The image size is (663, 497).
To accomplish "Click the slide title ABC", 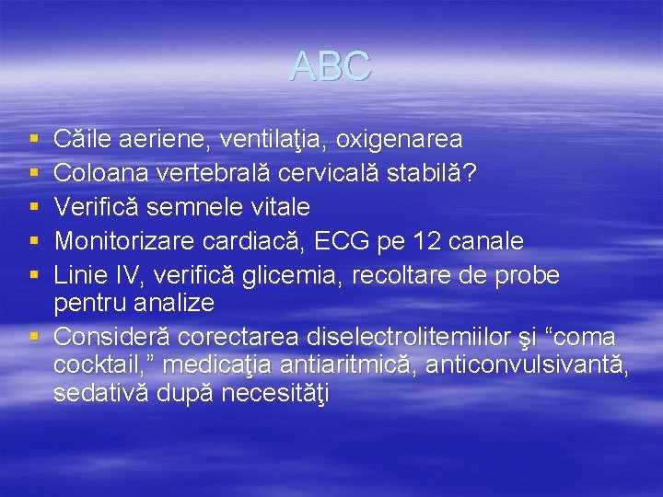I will (331, 65).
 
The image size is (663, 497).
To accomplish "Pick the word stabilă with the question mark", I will (437, 173).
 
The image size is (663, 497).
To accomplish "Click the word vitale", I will (276, 207).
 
